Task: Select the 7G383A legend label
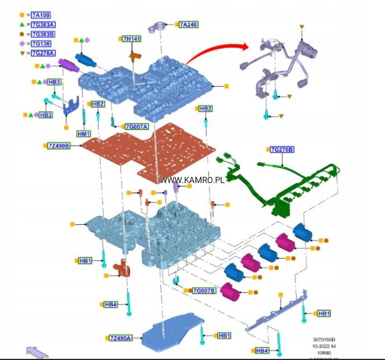(x=44, y=24)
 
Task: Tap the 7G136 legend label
(x=42, y=43)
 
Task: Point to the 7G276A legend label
(x=44, y=53)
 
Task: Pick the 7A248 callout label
(x=189, y=24)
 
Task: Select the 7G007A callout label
(x=136, y=126)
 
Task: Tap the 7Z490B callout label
(x=59, y=146)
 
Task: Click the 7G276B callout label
(x=282, y=149)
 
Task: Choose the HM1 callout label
(x=83, y=134)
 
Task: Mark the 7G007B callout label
(x=204, y=291)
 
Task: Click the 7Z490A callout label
(x=120, y=337)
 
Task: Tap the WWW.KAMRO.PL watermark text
(x=192, y=180)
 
